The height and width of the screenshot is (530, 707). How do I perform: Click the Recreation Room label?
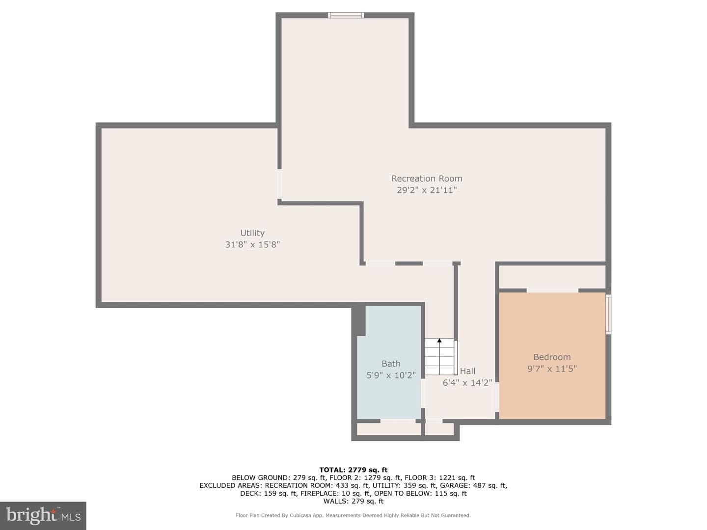click(x=427, y=178)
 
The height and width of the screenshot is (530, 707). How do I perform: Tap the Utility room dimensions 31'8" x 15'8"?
click(x=252, y=244)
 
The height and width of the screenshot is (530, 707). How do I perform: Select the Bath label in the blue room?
click(x=391, y=364)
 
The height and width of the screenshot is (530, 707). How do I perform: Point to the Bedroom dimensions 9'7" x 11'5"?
click(x=552, y=369)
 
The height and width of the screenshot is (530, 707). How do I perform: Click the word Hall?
click(x=467, y=371)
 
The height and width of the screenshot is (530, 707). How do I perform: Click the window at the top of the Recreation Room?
click(x=346, y=15)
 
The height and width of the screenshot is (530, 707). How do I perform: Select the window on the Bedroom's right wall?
click(x=608, y=315)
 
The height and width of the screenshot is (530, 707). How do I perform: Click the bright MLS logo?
click(x=43, y=515)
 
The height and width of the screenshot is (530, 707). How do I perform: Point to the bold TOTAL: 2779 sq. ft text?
click(x=353, y=470)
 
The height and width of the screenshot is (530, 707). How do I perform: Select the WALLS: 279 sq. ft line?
click(x=353, y=501)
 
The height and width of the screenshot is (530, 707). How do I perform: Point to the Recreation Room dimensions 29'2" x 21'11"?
click(x=427, y=190)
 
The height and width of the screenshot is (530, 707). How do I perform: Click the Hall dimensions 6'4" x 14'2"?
click(x=467, y=383)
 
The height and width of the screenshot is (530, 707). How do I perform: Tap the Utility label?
click(x=252, y=233)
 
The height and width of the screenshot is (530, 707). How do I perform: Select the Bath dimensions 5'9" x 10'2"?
click(x=391, y=375)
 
